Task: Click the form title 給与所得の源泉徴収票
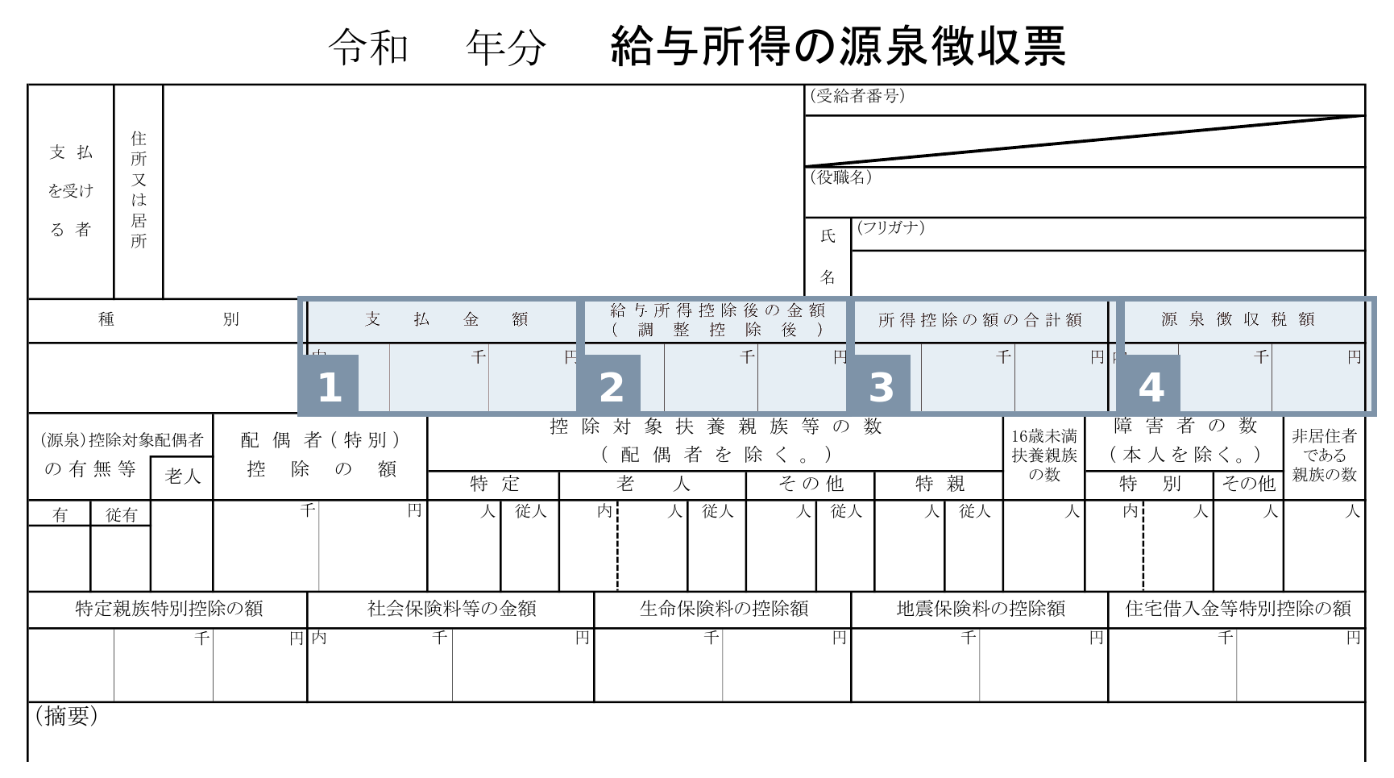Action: (838, 46)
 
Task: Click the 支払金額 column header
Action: (446, 320)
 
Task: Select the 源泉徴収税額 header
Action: (1238, 320)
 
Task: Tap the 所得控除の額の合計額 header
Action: (980, 320)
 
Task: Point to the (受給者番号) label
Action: (857, 97)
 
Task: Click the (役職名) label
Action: (840, 177)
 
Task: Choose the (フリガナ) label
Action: (890, 227)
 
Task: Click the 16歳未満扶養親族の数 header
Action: (1044, 456)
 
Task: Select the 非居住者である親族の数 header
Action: (1325, 456)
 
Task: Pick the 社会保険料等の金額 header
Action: (452, 609)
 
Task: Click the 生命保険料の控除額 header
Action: (724, 609)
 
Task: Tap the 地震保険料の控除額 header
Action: (981, 609)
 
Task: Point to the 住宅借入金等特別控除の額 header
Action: (1238, 609)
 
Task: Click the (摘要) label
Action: (66, 716)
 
